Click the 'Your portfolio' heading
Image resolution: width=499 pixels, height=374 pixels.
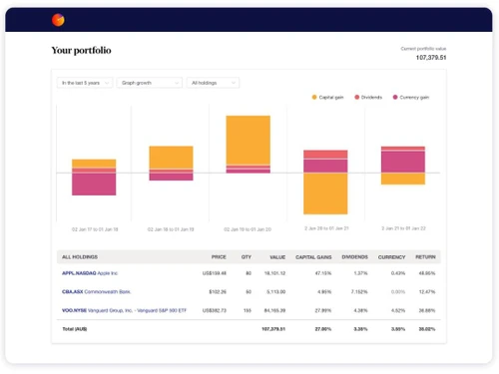tap(82, 50)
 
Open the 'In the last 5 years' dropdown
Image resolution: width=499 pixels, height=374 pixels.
tap(84, 83)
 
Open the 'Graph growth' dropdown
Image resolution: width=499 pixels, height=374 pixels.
tap(149, 83)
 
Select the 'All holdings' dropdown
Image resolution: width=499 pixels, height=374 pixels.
tap(213, 83)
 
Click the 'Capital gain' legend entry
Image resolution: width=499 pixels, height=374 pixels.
tap(330, 98)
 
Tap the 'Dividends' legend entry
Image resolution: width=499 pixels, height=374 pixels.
tap(372, 98)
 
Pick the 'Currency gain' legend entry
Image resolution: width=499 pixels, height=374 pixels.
tap(410, 98)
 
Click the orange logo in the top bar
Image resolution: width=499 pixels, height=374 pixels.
tap(57, 19)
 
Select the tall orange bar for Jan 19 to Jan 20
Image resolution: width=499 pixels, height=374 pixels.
tap(248, 139)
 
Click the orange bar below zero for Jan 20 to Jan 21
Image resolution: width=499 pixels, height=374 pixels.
tap(325, 193)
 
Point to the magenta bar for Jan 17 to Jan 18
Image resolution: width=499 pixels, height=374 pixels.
tap(93, 184)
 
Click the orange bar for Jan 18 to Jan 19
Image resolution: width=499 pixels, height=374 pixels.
tap(171, 156)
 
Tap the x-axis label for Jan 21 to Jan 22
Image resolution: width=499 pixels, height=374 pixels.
tap(403, 228)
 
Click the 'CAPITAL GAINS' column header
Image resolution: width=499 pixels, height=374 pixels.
tap(313, 256)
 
